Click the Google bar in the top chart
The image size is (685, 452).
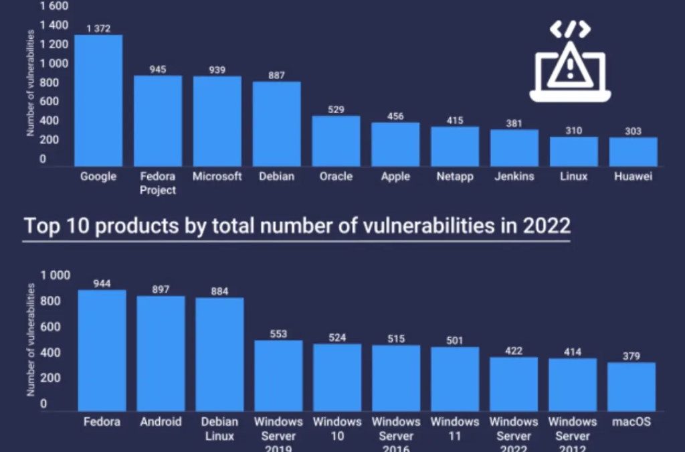click(x=98, y=100)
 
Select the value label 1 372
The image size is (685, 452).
click(x=98, y=28)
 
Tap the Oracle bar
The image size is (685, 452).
click(x=336, y=141)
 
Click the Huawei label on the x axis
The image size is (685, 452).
click(x=632, y=177)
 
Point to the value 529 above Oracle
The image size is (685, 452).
click(x=336, y=109)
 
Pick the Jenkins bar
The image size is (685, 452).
click(x=514, y=148)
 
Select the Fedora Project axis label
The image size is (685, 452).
click(x=158, y=183)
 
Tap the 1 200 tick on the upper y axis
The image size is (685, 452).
click(x=54, y=44)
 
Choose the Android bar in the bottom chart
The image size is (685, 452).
click(x=161, y=354)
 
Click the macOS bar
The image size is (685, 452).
click(x=631, y=386)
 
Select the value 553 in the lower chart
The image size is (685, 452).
click(x=278, y=333)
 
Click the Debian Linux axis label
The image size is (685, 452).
click(x=219, y=429)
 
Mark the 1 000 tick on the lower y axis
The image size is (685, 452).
click(x=55, y=275)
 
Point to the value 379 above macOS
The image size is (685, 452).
click(x=631, y=355)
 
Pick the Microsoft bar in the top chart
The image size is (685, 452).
click(x=217, y=121)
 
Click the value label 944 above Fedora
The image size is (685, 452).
click(x=102, y=283)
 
